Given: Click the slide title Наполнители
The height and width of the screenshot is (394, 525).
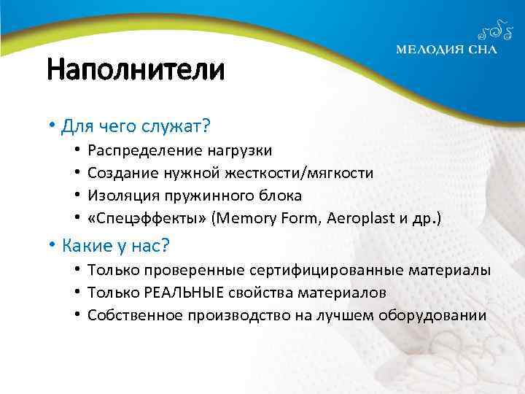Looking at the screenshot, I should (x=136, y=71).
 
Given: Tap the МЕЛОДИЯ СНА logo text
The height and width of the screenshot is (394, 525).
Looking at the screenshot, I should (x=447, y=50).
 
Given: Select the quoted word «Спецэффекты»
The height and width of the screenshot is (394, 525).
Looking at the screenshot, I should (x=146, y=218).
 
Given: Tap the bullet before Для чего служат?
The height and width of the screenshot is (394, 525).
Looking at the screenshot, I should (x=53, y=127).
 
